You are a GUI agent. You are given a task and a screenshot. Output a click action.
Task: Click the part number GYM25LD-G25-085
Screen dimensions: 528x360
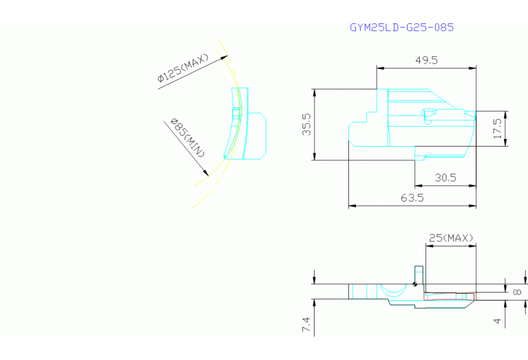pyautogui.click(x=402, y=28)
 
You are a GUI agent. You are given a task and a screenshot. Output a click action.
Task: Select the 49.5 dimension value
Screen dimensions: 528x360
pyautogui.click(x=426, y=61)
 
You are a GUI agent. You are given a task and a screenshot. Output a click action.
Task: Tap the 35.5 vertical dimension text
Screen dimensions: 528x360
pyautogui.click(x=306, y=125)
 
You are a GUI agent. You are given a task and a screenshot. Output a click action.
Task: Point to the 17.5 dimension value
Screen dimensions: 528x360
pyautogui.click(x=497, y=128)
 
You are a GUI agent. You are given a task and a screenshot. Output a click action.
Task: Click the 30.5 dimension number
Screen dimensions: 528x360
pyautogui.click(x=445, y=178)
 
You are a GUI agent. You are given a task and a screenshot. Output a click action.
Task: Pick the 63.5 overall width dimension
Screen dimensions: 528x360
pyautogui.click(x=412, y=198)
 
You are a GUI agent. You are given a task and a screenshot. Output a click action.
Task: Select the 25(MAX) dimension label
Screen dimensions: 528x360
pyautogui.click(x=451, y=238)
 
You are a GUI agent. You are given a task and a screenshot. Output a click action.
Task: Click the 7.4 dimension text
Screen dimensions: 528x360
pyautogui.click(x=306, y=324)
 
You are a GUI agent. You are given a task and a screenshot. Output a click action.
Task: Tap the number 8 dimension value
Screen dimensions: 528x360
pyautogui.click(x=517, y=292)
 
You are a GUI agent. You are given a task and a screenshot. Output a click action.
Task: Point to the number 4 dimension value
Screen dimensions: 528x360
pyautogui.click(x=497, y=321)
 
